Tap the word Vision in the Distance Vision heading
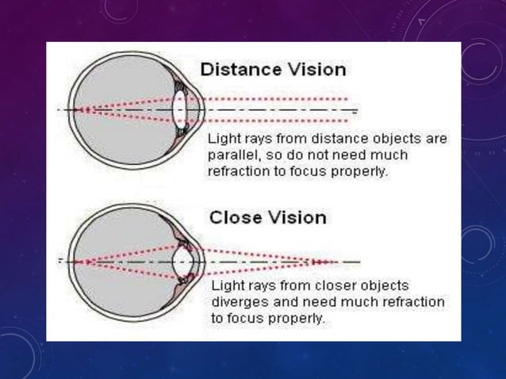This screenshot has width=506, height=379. [318, 69]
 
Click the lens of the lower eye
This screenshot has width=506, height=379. [185, 261]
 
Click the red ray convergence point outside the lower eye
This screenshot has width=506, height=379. [317, 261]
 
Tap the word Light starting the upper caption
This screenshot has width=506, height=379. [221, 139]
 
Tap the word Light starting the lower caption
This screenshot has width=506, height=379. [226, 285]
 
